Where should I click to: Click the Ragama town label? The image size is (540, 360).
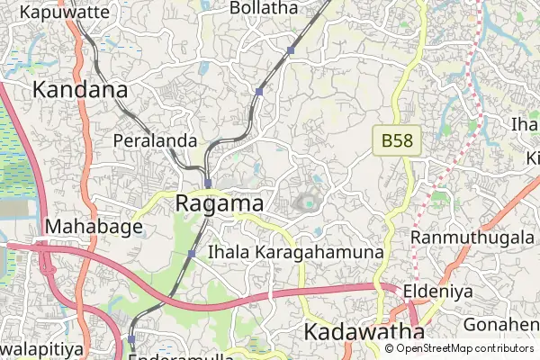point(220,204)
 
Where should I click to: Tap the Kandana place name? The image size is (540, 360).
point(80,90)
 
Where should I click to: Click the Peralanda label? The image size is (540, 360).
point(155,141)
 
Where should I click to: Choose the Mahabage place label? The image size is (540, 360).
point(94,227)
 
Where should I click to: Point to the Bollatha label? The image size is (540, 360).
point(264,8)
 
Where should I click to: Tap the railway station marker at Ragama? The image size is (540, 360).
point(208,182)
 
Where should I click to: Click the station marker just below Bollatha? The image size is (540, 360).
point(290,50)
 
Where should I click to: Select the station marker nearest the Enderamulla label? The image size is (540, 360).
point(131,339)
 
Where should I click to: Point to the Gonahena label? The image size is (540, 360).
point(501,323)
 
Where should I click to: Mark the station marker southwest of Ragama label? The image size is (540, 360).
point(192,254)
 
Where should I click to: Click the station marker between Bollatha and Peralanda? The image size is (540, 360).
point(259,92)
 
